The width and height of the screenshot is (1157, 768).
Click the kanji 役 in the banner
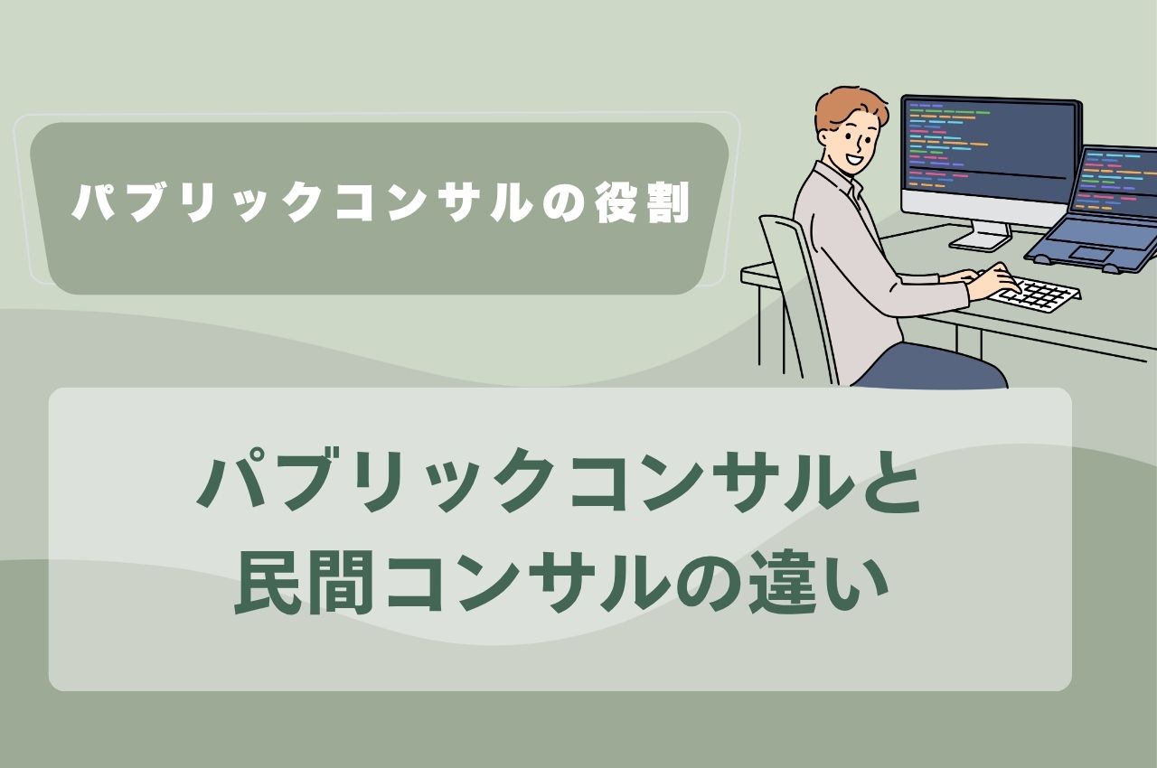(617, 202)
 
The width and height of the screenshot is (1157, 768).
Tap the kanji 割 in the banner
(668, 202)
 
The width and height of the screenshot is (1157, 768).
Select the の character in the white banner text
(565, 202)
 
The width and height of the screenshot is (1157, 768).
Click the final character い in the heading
(856, 583)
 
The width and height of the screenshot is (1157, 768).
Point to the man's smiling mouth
(853, 160)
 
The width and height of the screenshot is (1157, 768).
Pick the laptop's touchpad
(1091, 253)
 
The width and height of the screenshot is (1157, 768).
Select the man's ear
(826, 138)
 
